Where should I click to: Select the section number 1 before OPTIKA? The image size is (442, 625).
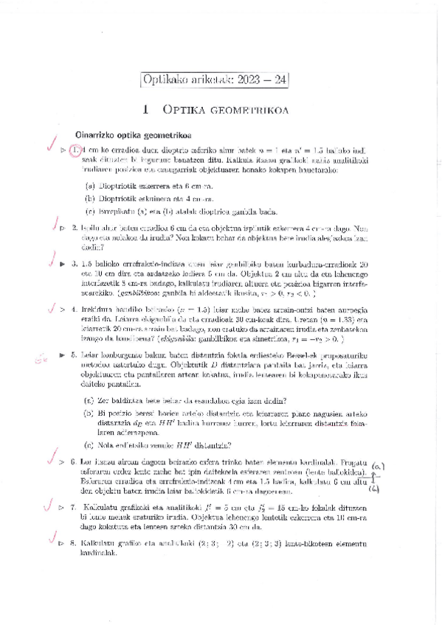pyautogui.click(x=148, y=109)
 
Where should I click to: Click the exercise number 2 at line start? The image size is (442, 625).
pyautogui.click(x=75, y=228)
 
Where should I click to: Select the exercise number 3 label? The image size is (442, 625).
pyautogui.click(x=75, y=263)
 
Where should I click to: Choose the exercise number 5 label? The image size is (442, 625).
pyautogui.click(x=75, y=355)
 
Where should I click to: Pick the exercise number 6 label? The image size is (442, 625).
pyautogui.click(x=74, y=461)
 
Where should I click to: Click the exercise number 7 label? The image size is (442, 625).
pyautogui.click(x=74, y=507)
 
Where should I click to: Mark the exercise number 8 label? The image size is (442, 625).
pyautogui.click(x=74, y=543)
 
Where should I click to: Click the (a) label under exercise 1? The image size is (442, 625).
pyautogui.click(x=89, y=186)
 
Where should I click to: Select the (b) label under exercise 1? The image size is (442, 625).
pyautogui.click(x=89, y=198)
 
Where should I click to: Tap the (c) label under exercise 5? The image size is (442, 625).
pyautogui.click(x=89, y=444)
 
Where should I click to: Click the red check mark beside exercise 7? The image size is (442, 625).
pyautogui.click(x=48, y=506)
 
